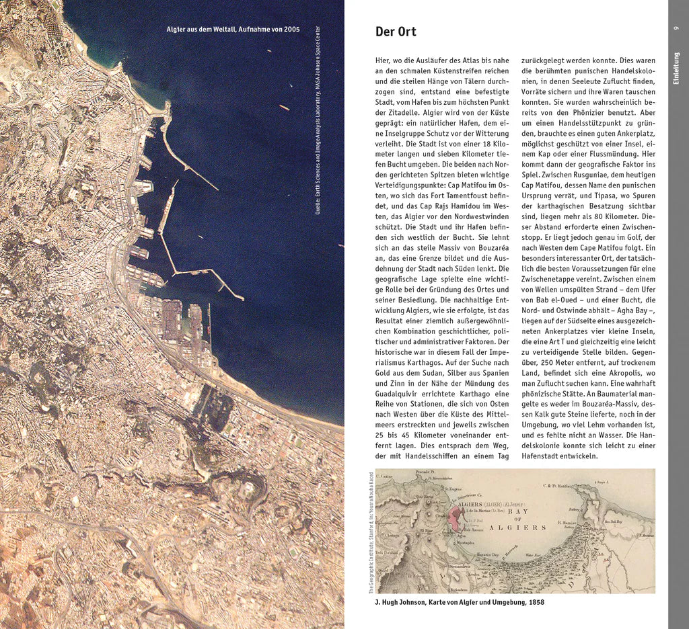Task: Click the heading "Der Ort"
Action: [396, 32]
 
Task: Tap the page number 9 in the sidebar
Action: [676, 28]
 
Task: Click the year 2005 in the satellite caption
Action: [291, 30]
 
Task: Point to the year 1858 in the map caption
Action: [536, 602]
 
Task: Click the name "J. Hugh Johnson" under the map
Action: [400, 602]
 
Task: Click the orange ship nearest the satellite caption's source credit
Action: [284, 108]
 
